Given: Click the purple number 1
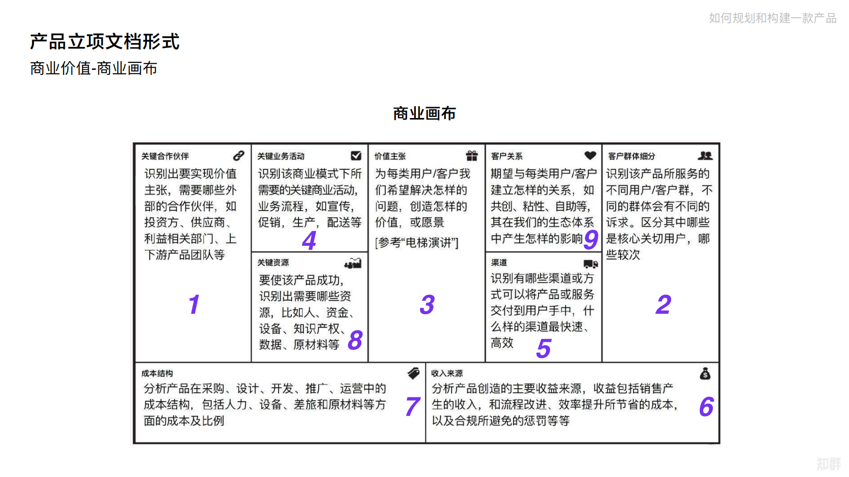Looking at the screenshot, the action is (194, 304).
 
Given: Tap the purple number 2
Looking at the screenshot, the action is (663, 304).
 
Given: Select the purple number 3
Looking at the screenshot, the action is (427, 304).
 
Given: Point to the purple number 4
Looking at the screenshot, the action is (310, 240).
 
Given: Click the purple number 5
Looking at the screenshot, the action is (544, 348).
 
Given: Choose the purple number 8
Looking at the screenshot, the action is (355, 340).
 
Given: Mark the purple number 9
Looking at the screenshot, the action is (591, 239).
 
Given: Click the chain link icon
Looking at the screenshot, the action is (239, 155).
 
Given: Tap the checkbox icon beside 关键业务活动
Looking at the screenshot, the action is (356, 155).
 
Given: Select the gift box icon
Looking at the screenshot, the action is (472, 155).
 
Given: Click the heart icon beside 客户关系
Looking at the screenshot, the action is (590, 155).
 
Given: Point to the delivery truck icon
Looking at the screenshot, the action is (591, 263).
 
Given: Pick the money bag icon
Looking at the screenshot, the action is (705, 373).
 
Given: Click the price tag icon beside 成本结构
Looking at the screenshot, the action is (414, 373).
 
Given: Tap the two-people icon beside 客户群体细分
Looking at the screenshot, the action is (706, 155).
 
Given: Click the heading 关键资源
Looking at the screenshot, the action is (273, 262).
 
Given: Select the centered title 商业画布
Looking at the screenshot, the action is (424, 113).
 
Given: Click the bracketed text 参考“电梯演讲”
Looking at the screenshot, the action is (417, 243).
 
